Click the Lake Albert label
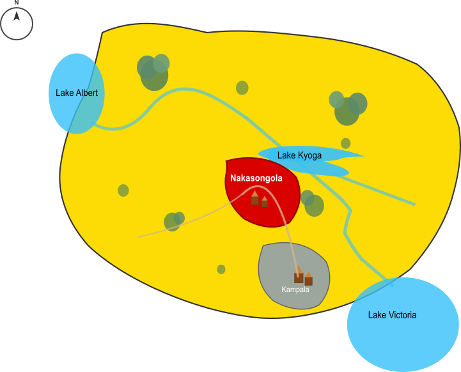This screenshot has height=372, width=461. tap(77, 93)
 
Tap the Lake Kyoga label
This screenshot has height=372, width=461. tap(299, 155)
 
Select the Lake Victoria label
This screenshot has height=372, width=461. tap(392, 315)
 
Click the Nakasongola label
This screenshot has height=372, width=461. tap(256, 178)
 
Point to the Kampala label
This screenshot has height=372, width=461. tap(295, 290)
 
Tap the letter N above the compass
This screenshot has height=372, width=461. tap(17, 3)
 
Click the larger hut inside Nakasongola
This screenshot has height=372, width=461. tap(254, 198)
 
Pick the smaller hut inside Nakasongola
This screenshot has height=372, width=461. tap(265, 202)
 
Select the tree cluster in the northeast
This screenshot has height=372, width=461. tap(347, 108)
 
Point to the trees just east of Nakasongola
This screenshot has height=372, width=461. tap(312, 203)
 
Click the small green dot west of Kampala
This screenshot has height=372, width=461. tap(221, 269)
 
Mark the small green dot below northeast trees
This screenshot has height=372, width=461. tap(345, 143)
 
